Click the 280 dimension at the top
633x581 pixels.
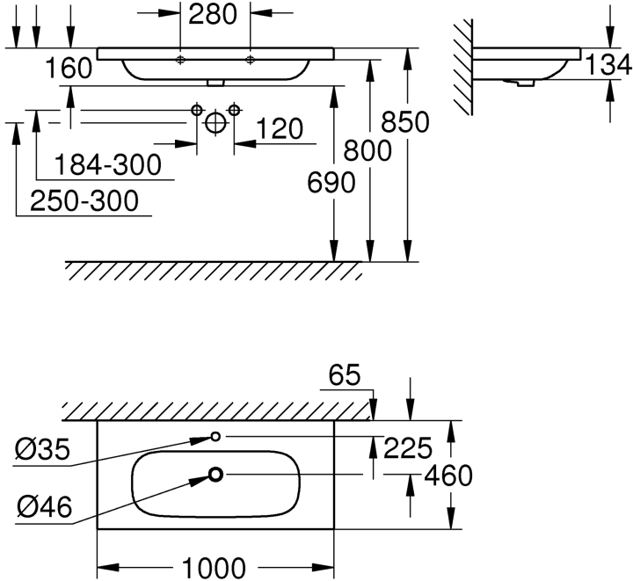(213, 15)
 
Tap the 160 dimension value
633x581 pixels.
(69, 68)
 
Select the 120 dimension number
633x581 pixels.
(280, 128)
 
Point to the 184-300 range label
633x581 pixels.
(108, 164)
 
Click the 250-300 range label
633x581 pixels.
(84, 201)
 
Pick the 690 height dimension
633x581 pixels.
(331, 182)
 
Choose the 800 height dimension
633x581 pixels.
(367, 150)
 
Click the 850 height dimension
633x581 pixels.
(405, 122)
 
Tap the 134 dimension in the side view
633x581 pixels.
(608, 64)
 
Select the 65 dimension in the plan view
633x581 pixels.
(345, 375)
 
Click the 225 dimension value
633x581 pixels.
(408, 448)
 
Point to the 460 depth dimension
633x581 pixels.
(448, 476)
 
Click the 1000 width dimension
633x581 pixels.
(214, 568)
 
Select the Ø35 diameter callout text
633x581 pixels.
(43, 449)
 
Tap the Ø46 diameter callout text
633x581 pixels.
(45, 507)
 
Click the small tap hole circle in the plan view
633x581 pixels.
(216, 436)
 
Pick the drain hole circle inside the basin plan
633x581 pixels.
(216, 475)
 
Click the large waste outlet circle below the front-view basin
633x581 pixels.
(215, 123)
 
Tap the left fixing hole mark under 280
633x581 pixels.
(180, 60)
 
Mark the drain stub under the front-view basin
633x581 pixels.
(215, 83)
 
